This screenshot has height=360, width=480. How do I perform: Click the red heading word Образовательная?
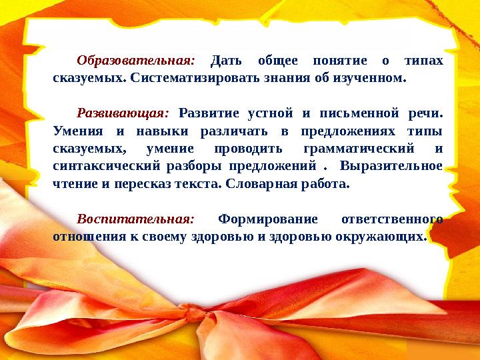[136, 61]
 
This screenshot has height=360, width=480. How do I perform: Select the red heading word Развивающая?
[123, 113]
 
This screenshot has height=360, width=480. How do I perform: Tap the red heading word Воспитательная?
[135, 219]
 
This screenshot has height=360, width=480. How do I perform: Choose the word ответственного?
[392, 219]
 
